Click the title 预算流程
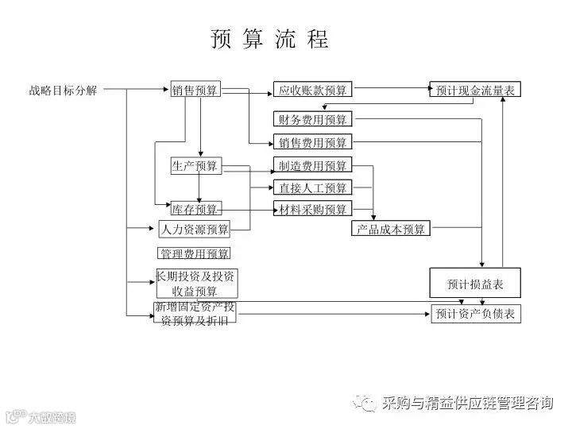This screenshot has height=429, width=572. coord(269,40)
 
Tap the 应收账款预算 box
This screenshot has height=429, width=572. coord(312,90)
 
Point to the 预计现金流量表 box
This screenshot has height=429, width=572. coord(475,90)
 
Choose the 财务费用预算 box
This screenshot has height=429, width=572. coord(312,120)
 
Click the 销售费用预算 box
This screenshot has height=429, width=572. coord(312,143)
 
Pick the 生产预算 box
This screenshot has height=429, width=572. coord(195,165)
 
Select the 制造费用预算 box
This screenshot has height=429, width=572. coord(312,165)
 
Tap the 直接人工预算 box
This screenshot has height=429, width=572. coord(312,188)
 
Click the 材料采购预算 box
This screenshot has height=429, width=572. coord(312,210)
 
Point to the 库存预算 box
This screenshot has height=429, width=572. coord(195,210)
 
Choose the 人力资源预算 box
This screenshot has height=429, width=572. coord(195,230)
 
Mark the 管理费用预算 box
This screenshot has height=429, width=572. coord(195,253)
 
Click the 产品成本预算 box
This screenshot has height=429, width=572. coord(390,230)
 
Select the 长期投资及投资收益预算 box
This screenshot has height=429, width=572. coord(195,284)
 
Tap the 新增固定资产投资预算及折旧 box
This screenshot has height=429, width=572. coord(195,313)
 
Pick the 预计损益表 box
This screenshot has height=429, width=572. coord(475,283)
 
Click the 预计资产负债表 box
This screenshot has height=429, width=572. coord(475,314)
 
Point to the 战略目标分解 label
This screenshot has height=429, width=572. coord(64,91)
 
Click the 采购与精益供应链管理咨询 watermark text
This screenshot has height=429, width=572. coord(466,403)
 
